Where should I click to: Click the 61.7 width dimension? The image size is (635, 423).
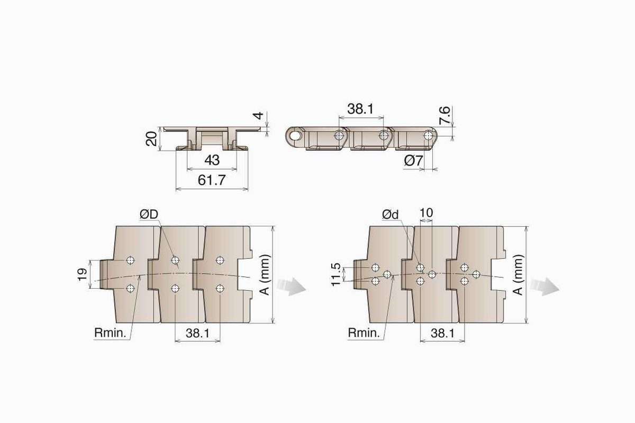point(212,180)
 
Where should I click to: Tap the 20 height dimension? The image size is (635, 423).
point(151,139)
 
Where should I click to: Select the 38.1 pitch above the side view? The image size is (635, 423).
point(361,109)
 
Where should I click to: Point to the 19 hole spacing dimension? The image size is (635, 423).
point(83,274)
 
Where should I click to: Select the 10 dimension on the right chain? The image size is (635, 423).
point(426,213)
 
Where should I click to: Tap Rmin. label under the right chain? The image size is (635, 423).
point(364,333)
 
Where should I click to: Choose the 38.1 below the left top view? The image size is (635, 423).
point(197,333)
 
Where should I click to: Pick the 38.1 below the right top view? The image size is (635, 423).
point(442,333)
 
